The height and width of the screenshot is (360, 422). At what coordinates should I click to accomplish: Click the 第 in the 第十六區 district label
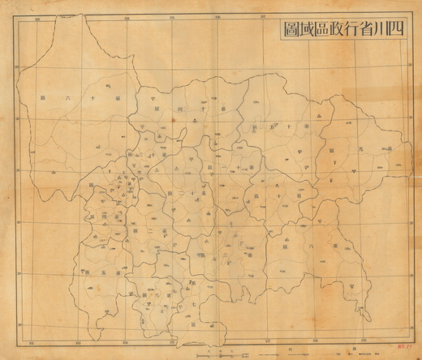117,102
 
